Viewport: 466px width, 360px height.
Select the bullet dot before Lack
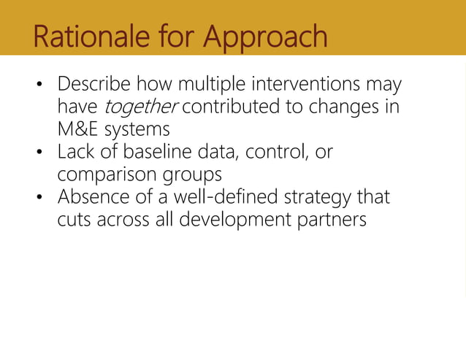[42, 154]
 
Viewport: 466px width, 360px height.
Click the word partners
[333, 220]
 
